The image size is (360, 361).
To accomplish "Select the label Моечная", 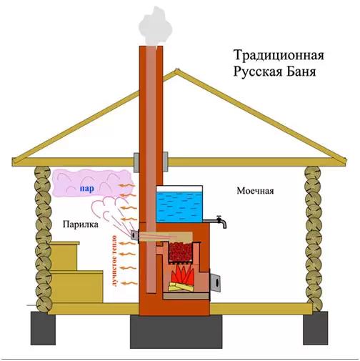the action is point(255,191).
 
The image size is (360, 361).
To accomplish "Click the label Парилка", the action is point(81,224).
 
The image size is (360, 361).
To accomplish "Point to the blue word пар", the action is point(86,189).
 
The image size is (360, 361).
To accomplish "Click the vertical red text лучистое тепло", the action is point(114,261).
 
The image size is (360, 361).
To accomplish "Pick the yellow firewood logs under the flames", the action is point(181,287).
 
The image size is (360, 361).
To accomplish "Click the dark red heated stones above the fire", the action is point(181,252).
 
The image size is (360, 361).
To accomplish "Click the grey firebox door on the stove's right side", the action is point(215,282).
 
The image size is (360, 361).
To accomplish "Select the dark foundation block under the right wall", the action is point(316,328).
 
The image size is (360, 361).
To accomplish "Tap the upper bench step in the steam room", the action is point(64,256).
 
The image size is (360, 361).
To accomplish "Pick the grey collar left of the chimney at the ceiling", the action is point(136,162).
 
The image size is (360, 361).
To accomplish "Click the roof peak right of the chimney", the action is point(176,70).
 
